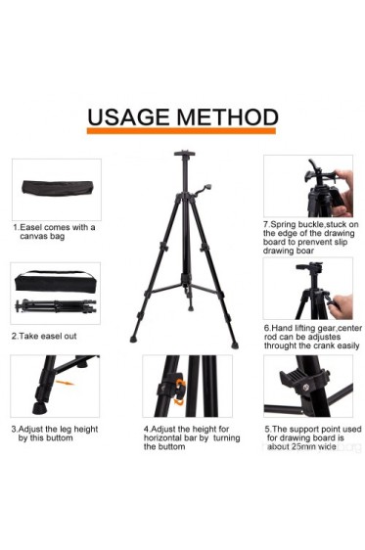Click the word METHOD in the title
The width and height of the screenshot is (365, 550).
coord(226,117)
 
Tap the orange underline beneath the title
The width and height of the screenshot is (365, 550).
coord(181,132)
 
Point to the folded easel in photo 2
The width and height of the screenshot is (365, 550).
coord(55,306)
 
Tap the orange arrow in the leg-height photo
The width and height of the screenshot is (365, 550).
coord(64,383)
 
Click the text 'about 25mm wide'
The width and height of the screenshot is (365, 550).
coord(301,445)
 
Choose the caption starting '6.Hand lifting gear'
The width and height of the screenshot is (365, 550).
coord(310,337)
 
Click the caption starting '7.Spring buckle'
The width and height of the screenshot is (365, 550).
coord(310,237)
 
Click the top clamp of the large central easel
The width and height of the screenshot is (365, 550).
coord(184,156)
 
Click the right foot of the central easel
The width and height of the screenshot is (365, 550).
coord(234,344)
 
